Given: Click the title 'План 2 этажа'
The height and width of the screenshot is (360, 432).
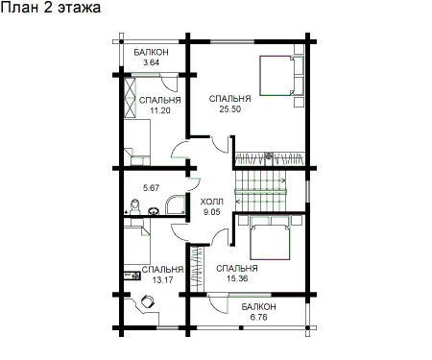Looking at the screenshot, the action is tap(51, 8).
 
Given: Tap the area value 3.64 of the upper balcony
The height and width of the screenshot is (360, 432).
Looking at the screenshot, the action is tap(151, 62).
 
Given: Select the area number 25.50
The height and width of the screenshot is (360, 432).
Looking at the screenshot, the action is tap(229, 109).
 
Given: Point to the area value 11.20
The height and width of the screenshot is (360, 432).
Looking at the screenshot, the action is tap(160, 110).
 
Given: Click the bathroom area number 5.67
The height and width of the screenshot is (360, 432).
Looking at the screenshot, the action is tap(151, 187).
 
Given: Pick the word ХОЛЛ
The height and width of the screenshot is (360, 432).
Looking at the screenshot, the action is tap(211, 202).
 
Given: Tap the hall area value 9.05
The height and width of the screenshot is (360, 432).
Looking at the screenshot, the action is tap(211, 212).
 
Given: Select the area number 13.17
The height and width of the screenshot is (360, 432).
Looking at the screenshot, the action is tap(162, 280).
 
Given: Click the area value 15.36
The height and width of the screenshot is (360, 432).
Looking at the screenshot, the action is tap(237, 278).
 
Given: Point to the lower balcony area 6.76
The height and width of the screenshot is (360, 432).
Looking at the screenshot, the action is tap(259, 318).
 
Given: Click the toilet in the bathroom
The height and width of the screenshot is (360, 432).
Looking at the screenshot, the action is tap(135, 207).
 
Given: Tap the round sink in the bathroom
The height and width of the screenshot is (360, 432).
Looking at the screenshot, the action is tap(154, 211).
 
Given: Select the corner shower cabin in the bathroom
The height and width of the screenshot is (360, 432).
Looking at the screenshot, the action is tap(176, 204).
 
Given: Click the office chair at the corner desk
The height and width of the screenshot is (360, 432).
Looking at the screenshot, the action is tap(148, 301).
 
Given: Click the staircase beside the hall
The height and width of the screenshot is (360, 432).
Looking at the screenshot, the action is tap(261, 191).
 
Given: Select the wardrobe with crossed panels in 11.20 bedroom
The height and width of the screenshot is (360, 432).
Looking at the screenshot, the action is tap(130, 97).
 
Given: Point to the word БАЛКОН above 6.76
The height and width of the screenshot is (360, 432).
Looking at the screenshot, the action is tap(258, 307).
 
